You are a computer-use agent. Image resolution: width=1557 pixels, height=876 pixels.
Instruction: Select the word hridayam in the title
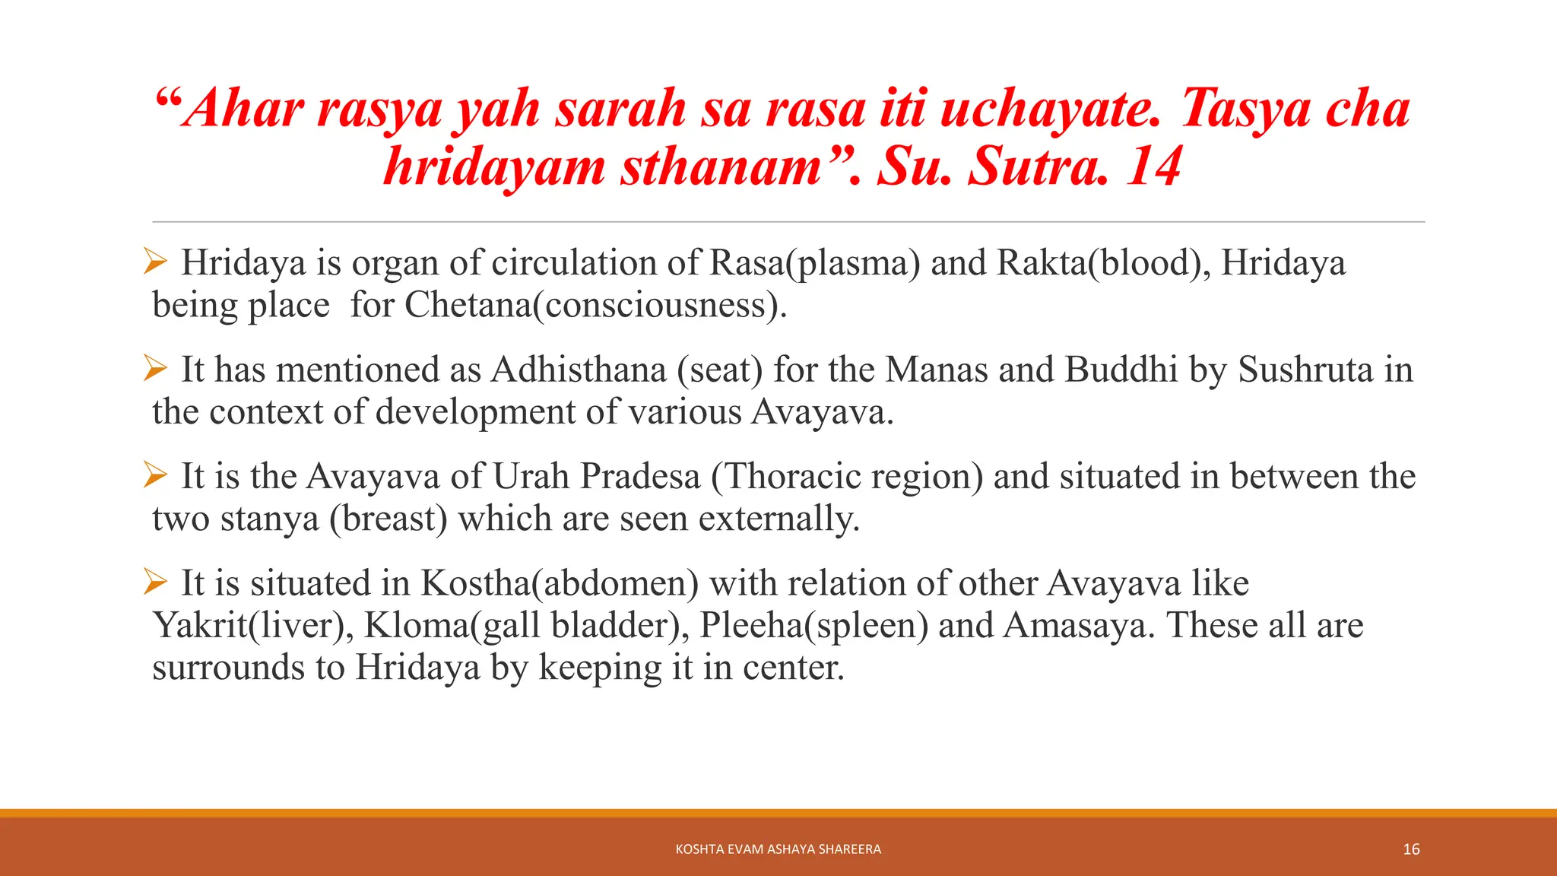pos(494,167)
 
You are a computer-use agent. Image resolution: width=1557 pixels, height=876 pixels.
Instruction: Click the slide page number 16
pos(1411,849)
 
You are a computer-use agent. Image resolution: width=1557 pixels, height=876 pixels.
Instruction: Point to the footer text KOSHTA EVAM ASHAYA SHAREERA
pos(778,849)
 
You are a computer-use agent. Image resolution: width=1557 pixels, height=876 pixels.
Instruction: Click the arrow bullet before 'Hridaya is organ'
pos(155,262)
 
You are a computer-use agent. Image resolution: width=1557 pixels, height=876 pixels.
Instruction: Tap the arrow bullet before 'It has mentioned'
pos(155,370)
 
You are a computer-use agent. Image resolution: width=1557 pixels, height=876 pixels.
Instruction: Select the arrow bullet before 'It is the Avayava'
pos(155,476)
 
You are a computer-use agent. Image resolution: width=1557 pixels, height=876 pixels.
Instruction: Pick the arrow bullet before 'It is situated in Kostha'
pos(155,583)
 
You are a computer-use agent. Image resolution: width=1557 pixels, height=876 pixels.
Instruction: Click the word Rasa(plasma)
pos(814,263)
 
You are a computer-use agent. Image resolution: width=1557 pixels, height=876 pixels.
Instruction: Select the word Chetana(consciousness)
pos(595,306)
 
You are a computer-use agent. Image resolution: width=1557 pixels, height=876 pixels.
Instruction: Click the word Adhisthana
pos(579,370)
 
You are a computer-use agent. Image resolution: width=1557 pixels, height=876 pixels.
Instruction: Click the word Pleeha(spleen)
pos(813,626)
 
